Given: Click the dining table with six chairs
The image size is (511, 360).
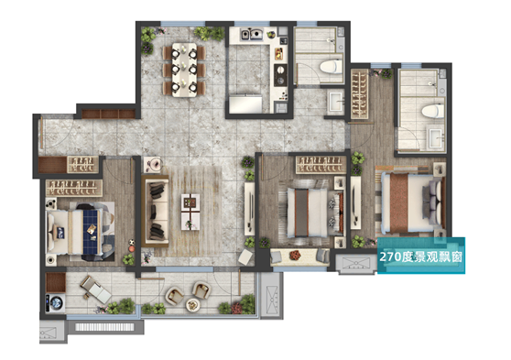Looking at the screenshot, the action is coord(184,70).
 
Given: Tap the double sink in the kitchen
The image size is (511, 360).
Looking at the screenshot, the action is coord(252,34).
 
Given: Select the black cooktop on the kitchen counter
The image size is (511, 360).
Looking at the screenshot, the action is coord(280,75).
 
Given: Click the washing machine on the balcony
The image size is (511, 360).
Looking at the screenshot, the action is coord(55,303).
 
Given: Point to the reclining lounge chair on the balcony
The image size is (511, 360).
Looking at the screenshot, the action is coord(96,289).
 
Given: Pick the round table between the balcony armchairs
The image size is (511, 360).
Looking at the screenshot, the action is coord(192,305).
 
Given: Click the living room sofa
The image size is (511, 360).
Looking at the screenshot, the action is coord(155,211).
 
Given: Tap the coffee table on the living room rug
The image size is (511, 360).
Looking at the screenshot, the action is coord(190,212).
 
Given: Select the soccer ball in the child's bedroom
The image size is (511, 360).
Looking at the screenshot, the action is coord(132,243).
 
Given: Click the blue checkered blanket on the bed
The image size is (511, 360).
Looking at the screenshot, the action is coord(91,232).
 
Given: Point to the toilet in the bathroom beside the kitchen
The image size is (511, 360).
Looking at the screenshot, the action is coord(332,66).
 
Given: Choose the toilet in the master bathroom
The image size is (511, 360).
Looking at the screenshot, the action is coord(433,111).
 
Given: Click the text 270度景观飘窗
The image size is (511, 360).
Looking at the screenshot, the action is coord(420,257).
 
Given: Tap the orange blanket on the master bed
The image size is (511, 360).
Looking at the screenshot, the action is coord(399,202).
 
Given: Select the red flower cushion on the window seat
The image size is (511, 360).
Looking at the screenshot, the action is coord(296,255).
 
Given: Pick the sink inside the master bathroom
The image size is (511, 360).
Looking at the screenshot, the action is coord(436,138).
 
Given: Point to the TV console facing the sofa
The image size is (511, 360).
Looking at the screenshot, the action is coord(250,209).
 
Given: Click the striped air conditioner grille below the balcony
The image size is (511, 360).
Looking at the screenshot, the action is coord(104,327).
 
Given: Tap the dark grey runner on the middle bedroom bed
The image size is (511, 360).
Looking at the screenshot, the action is coord(301,213).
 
